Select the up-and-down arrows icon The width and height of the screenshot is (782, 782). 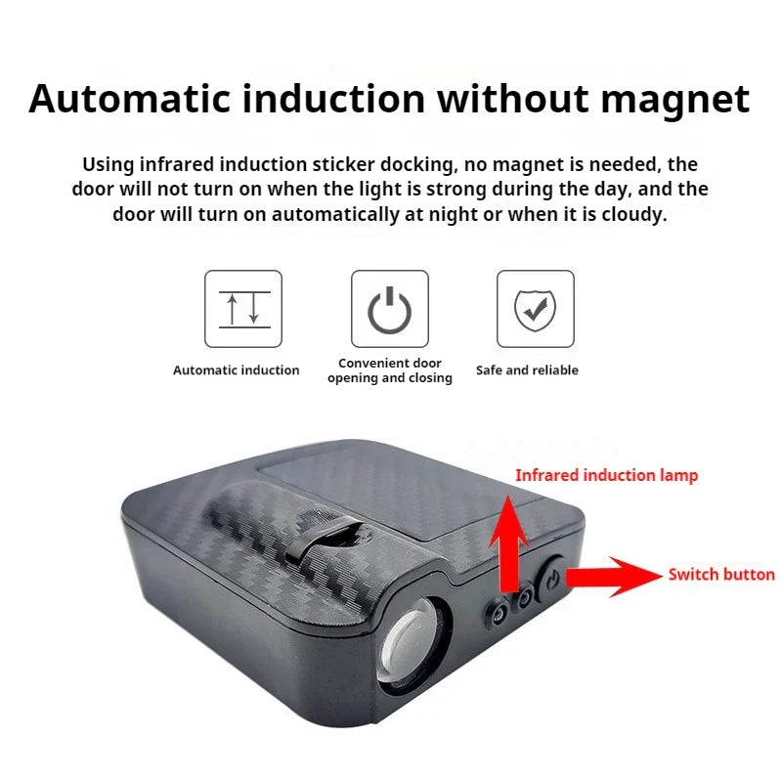pos(243,309)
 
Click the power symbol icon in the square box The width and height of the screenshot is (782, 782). pos(389,310)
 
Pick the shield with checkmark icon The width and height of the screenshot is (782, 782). pos(535,310)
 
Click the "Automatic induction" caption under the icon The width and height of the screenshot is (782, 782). pos(236,370)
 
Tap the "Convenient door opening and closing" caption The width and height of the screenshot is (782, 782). pos(389,370)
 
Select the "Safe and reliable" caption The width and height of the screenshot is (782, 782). pos(527,370)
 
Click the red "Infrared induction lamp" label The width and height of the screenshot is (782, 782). pos(606,476)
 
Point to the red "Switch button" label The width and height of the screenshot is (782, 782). pos(721,575)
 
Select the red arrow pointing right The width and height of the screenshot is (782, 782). pos(614,577)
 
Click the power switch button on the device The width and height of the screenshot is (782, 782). pos(550,579)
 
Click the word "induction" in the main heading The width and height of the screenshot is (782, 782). pos(333,99)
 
